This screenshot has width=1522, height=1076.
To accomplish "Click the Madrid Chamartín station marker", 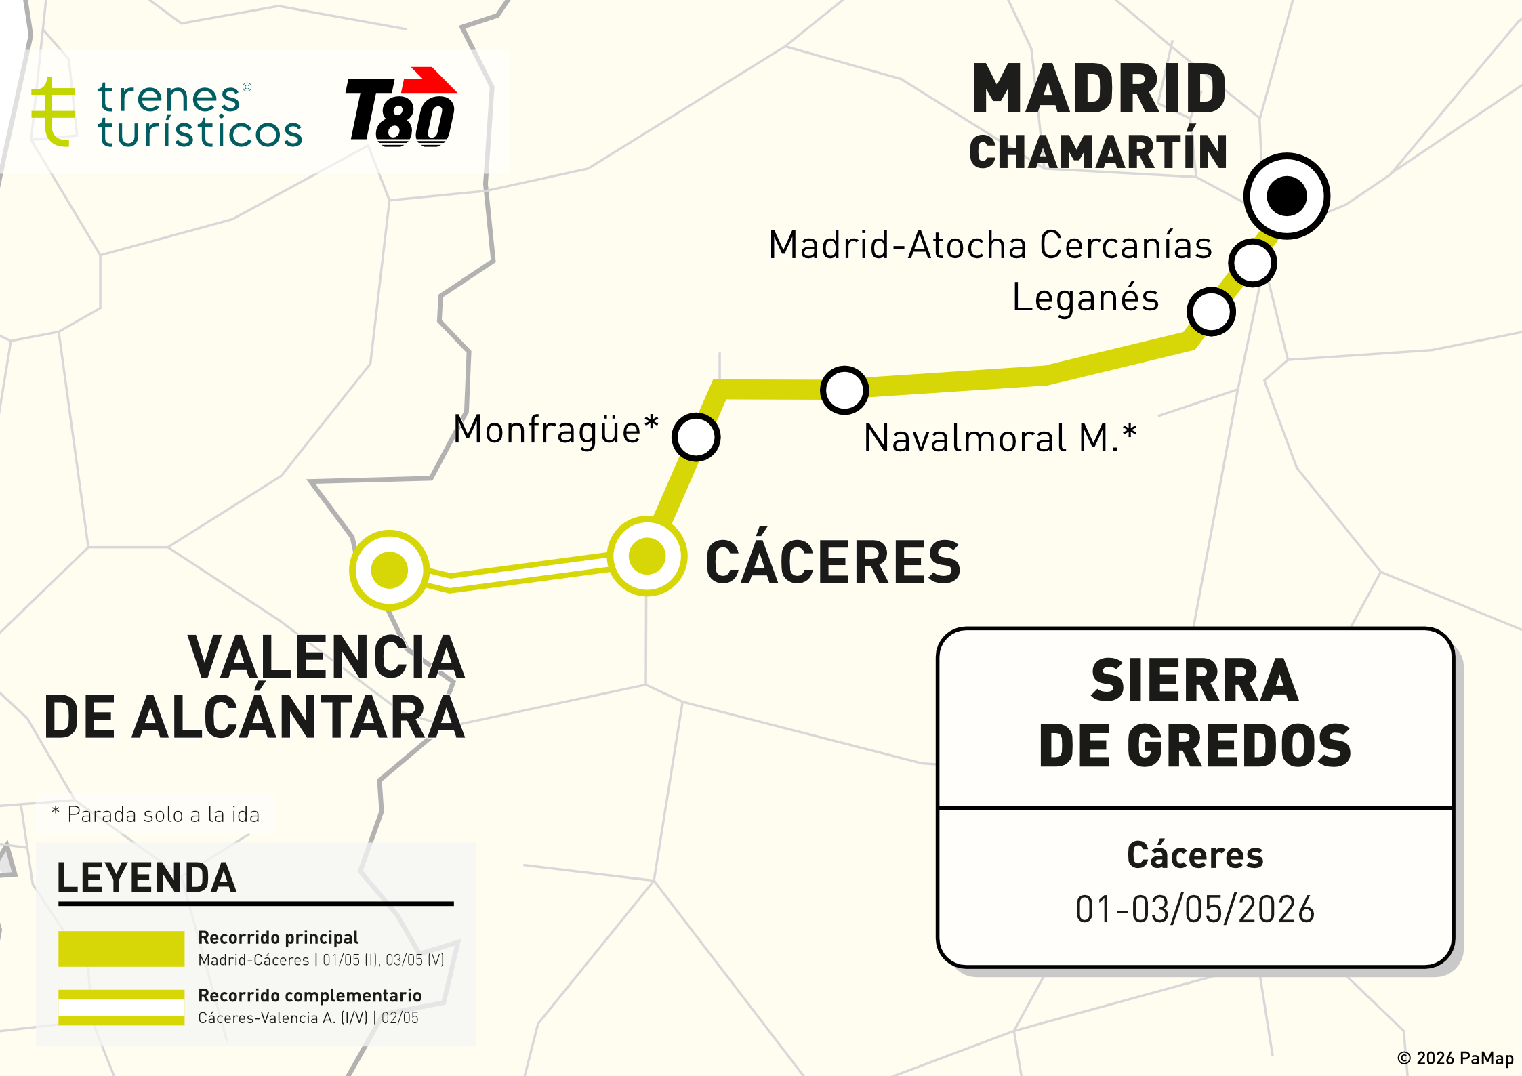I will tap(1286, 196).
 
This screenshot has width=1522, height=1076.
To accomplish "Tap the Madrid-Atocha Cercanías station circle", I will tap(1252, 262).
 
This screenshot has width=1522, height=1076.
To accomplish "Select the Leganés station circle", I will tap(1211, 311).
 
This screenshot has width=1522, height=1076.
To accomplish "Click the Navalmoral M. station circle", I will tap(844, 390).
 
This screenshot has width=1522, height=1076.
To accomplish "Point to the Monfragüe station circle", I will tap(696, 436).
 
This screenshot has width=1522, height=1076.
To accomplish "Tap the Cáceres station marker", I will tap(647, 556).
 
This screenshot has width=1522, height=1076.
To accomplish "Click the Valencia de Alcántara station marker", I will tap(389, 569).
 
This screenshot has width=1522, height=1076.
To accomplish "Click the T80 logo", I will tap(401, 108).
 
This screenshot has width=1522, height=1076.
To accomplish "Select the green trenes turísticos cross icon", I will tap(53, 112).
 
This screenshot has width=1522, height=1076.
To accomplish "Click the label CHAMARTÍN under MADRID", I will tap(1098, 152).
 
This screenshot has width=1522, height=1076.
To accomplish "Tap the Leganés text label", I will tap(1085, 297).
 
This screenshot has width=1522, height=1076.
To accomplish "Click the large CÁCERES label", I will tap(833, 562).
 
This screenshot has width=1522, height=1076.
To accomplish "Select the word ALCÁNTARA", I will tap(298, 717).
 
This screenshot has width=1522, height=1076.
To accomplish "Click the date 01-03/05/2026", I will tap(1195, 909).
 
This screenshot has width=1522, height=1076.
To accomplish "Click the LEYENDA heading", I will tap(146, 878).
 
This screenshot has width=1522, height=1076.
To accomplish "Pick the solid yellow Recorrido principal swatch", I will tap(121, 948).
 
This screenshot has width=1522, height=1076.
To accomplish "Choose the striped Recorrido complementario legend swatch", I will tap(121, 1007).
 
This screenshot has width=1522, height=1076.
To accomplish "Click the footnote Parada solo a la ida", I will tap(163, 814).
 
